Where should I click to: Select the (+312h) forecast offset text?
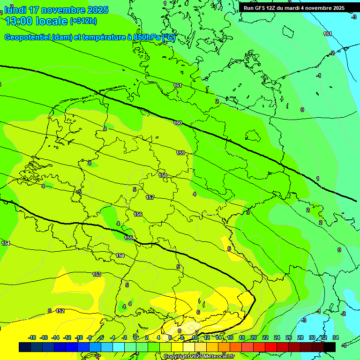[83, 21]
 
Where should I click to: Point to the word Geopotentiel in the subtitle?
[28, 37]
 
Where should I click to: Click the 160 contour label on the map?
[178, 123]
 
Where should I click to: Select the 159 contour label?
[180, 153]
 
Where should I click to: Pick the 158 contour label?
[163, 175]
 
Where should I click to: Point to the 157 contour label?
[150, 197]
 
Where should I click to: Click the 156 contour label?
[138, 214]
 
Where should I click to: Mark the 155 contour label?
[128, 238]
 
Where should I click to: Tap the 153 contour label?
[97, 274]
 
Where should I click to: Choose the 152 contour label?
[60, 311]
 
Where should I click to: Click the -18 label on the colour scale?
[32, 337]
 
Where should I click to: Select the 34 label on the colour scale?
[335, 337]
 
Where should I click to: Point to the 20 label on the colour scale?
[254, 337]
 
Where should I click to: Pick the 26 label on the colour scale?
[289, 337]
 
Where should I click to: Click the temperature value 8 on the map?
[180, 331]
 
